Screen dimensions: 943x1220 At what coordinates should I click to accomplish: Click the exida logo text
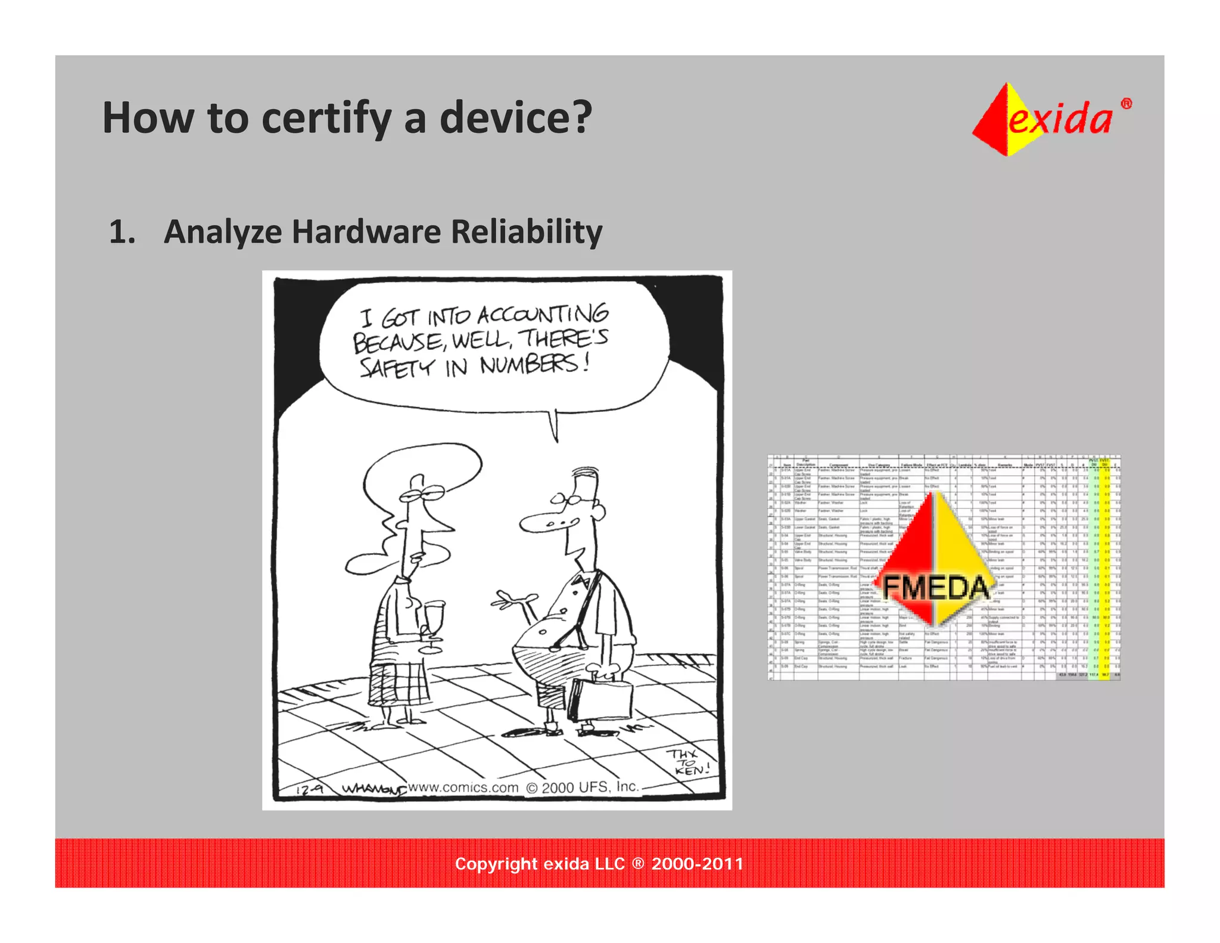(1061, 119)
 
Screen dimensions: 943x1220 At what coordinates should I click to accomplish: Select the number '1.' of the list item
(122, 232)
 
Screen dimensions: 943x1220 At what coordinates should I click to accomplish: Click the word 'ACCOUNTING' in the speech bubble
(543, 314)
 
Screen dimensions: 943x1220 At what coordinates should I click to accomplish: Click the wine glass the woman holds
(434, 620)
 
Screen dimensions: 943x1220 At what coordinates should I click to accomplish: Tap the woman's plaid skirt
(397, 680)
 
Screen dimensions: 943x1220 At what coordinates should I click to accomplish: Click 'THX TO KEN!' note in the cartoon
(688, 762)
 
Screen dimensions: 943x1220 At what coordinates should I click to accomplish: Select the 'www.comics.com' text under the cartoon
(463, 787)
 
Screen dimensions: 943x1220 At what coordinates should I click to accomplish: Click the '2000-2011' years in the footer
(698, 864)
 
